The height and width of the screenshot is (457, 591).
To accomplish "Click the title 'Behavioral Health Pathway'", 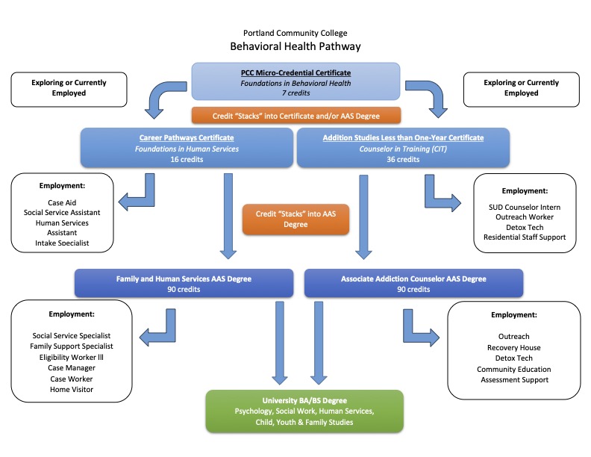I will [x=295, y=46].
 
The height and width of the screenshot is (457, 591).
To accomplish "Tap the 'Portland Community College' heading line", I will [x=295, y=33].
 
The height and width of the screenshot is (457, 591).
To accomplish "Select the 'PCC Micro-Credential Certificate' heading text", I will [x=295, y=72].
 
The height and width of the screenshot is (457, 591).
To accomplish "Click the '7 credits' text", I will [x=295, y=93].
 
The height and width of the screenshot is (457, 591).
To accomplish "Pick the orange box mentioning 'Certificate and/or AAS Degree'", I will [x=296, y=115].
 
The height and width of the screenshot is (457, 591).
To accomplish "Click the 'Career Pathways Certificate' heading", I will [x=187, y=137].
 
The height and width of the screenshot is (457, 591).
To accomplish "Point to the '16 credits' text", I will [x=187, y=159].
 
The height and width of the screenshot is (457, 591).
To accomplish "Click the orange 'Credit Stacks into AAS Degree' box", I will [x=296, y=219].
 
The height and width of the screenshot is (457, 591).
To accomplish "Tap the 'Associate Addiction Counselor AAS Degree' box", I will [x=414, y=284].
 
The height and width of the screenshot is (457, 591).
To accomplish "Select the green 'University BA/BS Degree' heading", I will [x=304, y=400].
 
